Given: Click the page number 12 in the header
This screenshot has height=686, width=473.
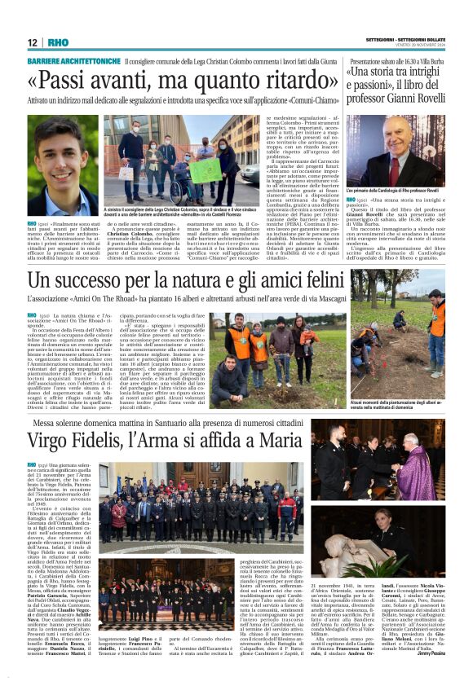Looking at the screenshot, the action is coord(32,42).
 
